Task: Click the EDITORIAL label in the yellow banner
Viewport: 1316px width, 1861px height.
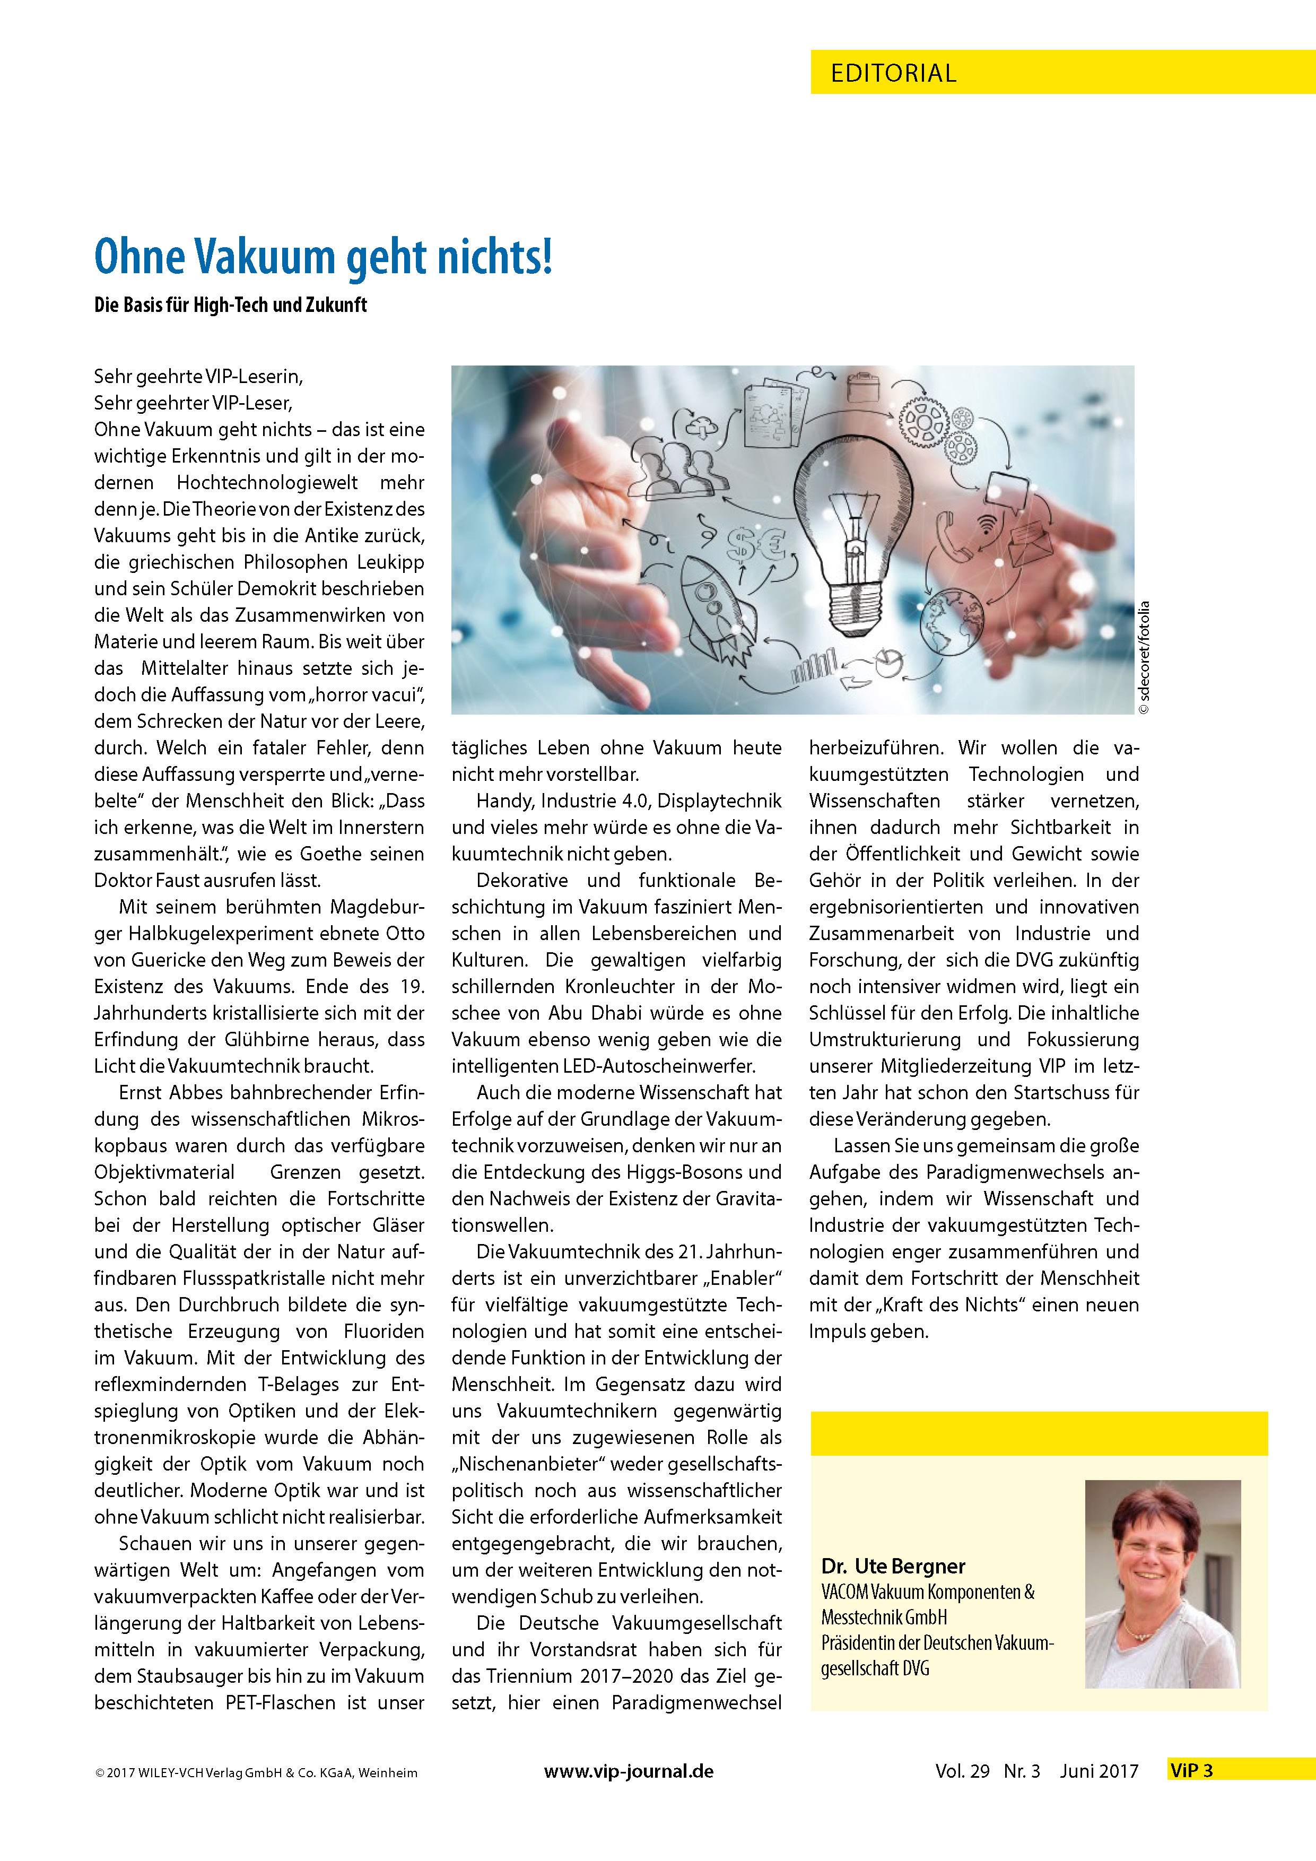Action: click(x=893, y=73)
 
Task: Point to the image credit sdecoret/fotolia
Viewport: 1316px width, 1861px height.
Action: click(x=1144, y=657)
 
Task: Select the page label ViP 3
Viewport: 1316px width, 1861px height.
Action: click(x=1191, y=1771)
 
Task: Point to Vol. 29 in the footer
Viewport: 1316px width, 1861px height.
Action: click(x=962, y=1772)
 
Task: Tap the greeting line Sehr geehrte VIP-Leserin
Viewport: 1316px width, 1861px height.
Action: click(x=198, y=377)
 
